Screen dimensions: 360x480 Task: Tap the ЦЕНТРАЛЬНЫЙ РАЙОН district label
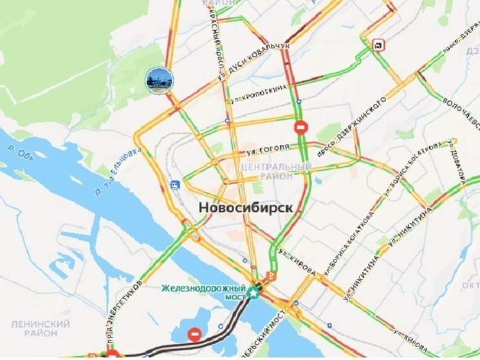[275, 171]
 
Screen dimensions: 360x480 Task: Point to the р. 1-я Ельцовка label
[116, 171]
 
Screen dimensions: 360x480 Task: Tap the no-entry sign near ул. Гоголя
[301, 127]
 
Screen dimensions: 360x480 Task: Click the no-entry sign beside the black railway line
[194, 334]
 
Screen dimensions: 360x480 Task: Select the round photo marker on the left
[158, 81]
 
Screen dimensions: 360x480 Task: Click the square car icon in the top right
[378, 44]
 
